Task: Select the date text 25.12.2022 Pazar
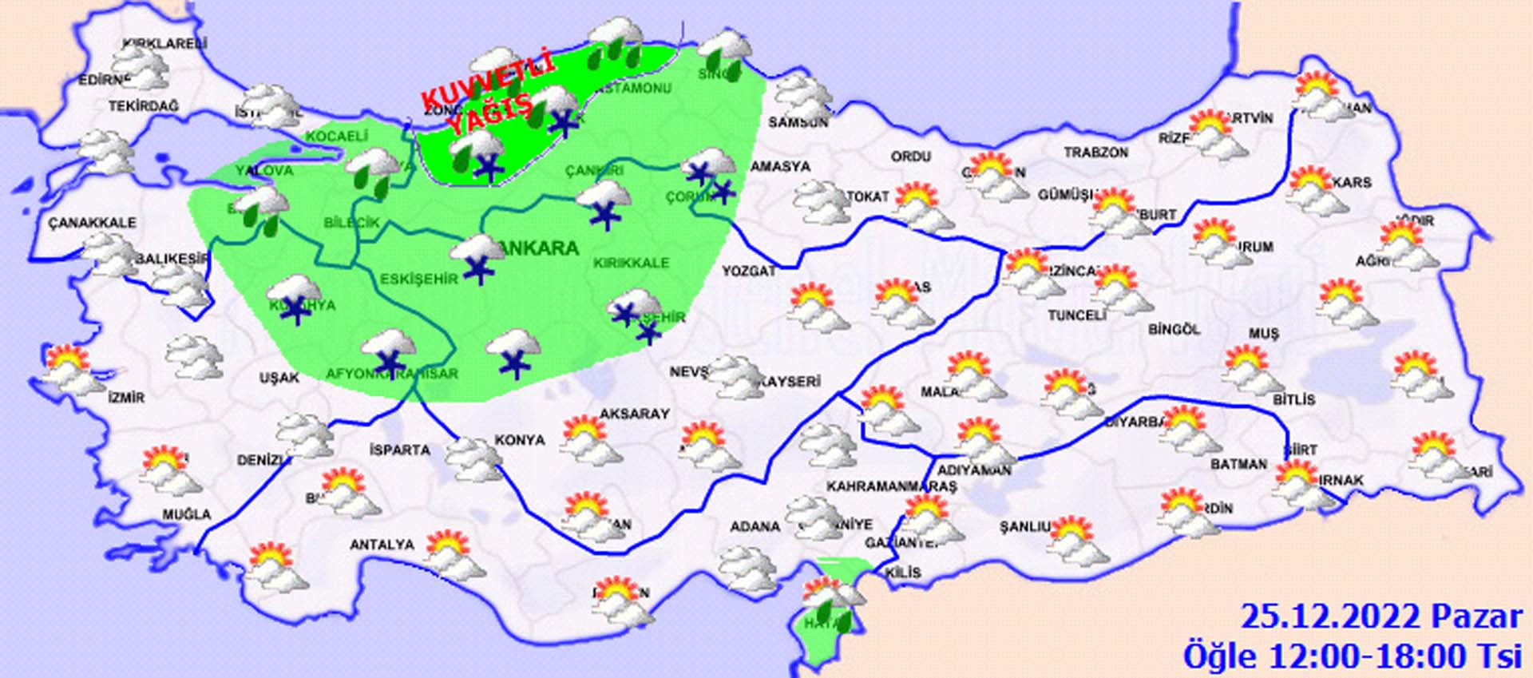(1380, 617)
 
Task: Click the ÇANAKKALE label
(92, 223)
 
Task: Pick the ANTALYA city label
(382, 545)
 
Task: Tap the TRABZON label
(1095, 152)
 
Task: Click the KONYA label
(520, 440)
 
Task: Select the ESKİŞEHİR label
(418, 279)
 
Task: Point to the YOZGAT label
(749, 272)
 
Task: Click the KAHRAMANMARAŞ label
(891, 486)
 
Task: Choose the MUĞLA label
(187, 515)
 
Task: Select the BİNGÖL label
(1174, 329)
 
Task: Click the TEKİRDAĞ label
(144, 106)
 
